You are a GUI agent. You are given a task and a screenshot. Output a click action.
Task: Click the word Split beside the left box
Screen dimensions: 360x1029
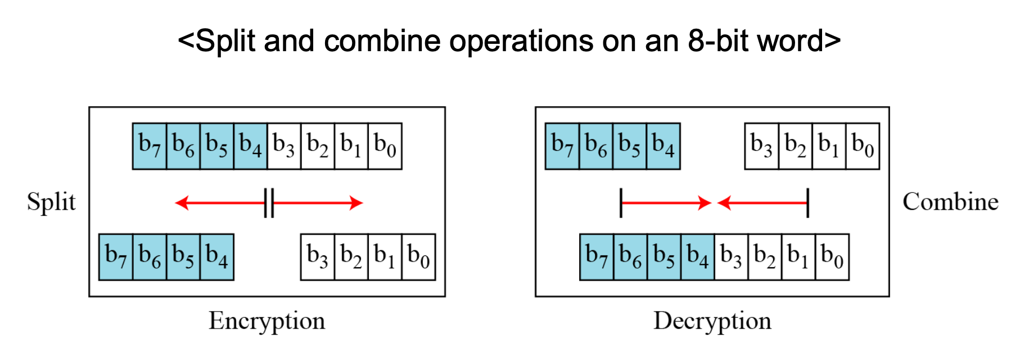tap(51, 202)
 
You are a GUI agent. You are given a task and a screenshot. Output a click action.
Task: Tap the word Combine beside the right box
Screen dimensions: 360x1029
tap(950, 202)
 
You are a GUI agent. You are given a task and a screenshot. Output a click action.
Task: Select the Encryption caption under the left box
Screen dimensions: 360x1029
tap(267, 321)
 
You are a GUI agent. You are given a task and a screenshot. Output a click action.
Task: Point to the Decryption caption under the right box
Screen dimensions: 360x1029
tap(712, 321)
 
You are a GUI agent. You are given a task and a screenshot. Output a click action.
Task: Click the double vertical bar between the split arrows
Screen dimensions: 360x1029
tap(269, 203)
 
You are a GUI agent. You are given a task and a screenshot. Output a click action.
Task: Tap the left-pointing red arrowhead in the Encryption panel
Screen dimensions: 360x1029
tap(182, 203)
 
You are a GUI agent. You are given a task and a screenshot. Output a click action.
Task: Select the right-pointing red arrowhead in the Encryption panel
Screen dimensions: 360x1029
tap(356, 203)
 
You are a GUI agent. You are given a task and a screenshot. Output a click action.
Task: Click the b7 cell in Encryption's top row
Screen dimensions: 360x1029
tap(150, 146)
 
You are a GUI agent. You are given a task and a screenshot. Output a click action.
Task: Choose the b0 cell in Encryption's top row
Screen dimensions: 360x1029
tap(385, 146)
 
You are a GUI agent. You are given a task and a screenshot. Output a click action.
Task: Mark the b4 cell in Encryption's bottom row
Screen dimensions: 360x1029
tap(217, 257)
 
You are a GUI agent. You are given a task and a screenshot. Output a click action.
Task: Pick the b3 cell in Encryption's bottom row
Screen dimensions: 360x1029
tap(318, 257)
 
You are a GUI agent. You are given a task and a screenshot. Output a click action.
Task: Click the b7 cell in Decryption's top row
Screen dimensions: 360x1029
tap(562, 146)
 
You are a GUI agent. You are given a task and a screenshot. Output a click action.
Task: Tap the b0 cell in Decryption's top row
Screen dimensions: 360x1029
tap(863, 146)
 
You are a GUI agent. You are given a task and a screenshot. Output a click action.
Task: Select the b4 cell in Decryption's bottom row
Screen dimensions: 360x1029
tap(698, 257)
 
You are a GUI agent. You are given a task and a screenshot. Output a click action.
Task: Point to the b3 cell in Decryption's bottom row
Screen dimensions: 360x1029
tap(732, 257)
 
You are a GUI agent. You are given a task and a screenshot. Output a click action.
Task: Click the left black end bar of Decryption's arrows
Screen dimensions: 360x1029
tap(621, 203)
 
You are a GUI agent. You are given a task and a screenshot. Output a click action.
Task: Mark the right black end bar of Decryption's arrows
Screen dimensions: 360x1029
tap(807, 203)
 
